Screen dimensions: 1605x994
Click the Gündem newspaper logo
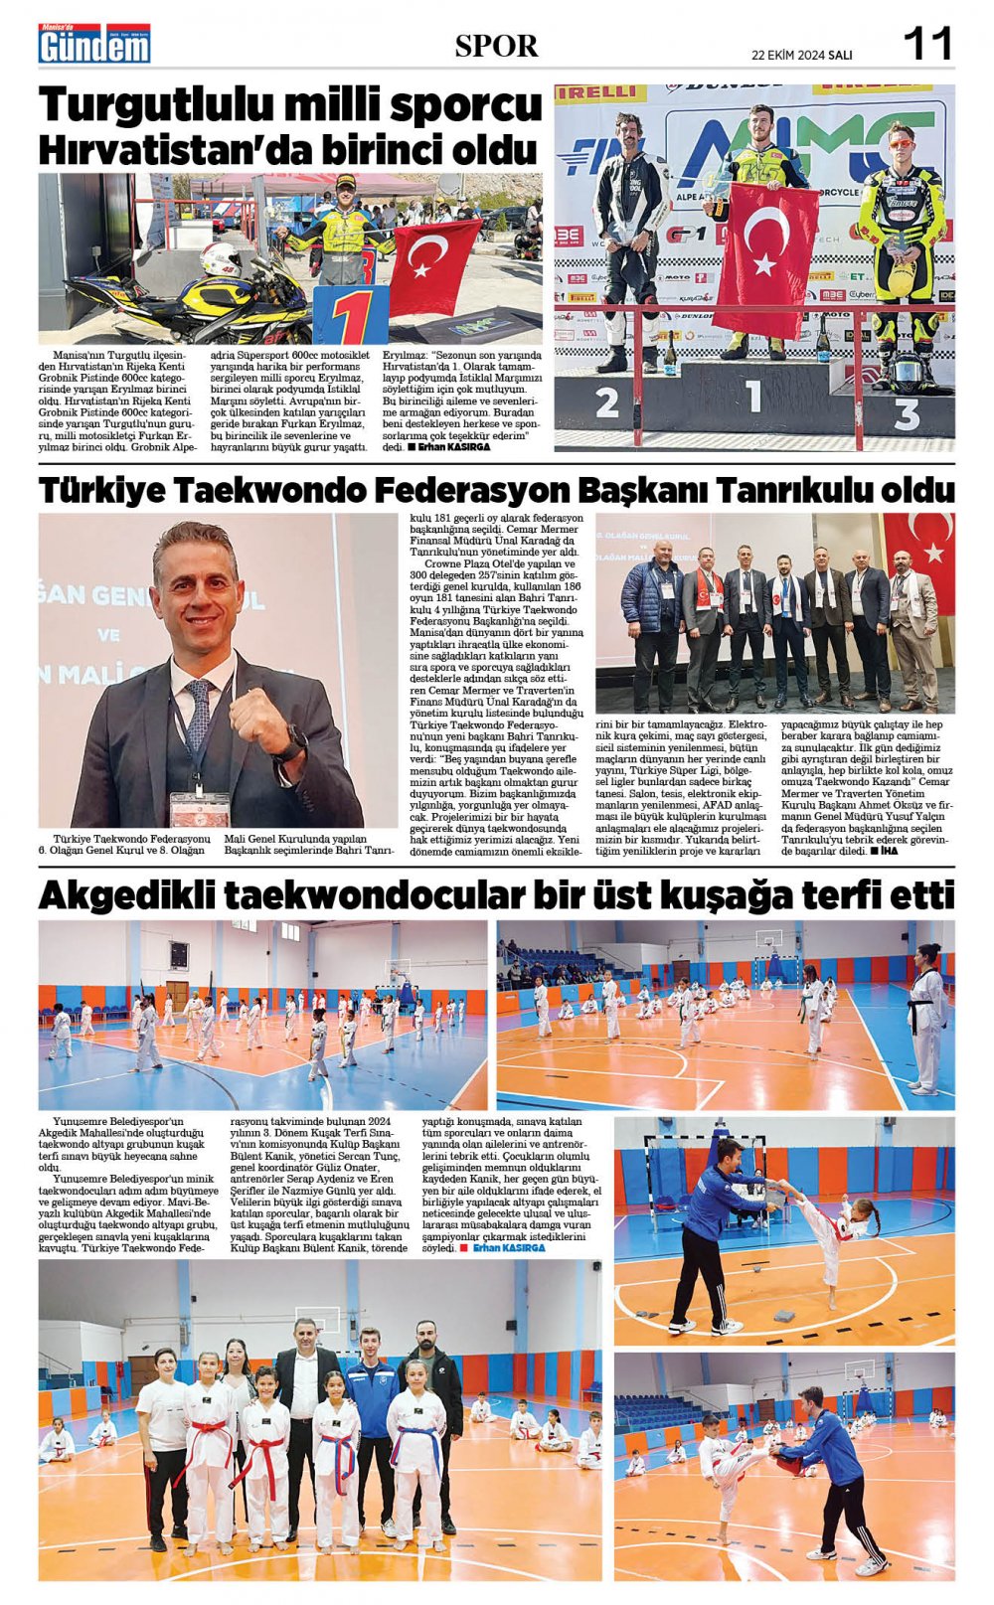(x=94, y=45)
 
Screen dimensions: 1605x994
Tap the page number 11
(x=926, y=44)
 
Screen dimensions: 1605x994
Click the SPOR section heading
(x=496, y=46)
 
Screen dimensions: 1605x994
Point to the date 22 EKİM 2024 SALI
(x=801, y=55)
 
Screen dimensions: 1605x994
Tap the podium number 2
(x=606, y=402)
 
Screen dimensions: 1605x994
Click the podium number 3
(x=906, y=410)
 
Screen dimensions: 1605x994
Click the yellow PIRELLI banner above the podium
(x=599, y=94)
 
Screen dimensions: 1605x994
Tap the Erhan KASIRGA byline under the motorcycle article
(x=453, y=447)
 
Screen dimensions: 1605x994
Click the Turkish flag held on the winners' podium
(x=764, y=252)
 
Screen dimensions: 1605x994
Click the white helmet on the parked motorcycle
(x=220, y=260)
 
